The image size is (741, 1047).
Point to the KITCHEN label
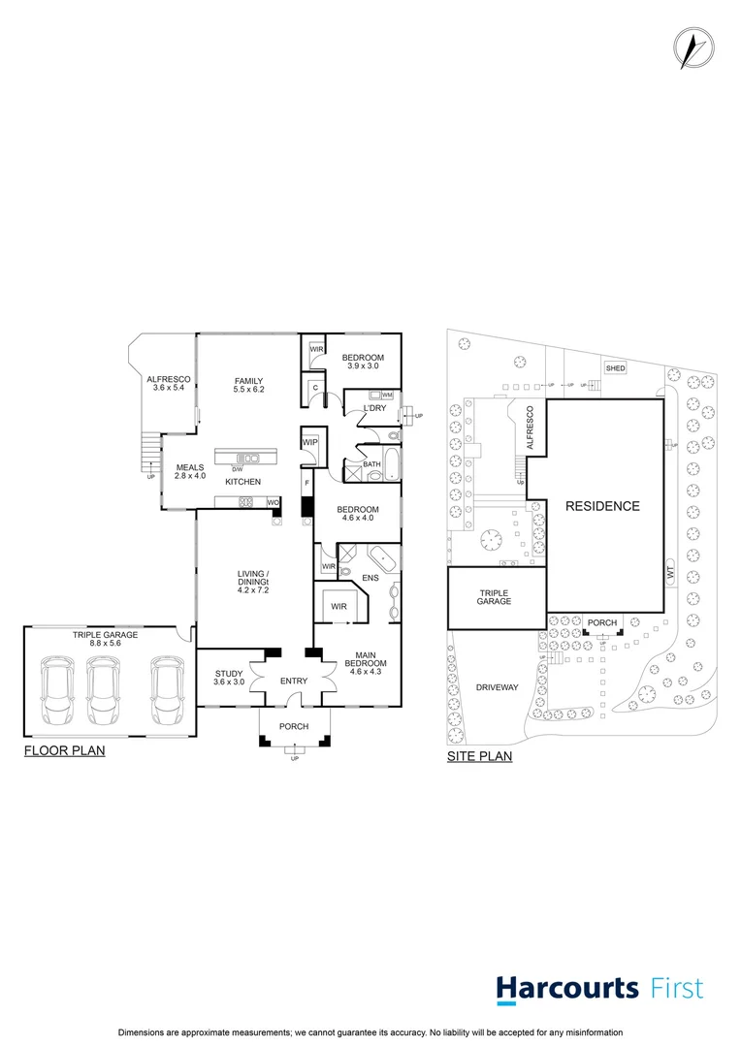242,482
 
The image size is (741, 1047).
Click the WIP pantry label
310,443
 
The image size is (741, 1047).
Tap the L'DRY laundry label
374,408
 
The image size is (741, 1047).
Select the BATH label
371,464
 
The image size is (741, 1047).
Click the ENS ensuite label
370,579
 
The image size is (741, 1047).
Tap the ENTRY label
293,682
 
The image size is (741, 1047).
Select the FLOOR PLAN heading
64,750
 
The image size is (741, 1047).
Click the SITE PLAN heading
479,756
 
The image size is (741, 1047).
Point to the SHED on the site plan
615,368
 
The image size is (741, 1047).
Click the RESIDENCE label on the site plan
602,506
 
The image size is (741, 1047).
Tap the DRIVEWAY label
498,687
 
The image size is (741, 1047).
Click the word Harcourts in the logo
567,989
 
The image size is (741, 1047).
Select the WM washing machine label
387,396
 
